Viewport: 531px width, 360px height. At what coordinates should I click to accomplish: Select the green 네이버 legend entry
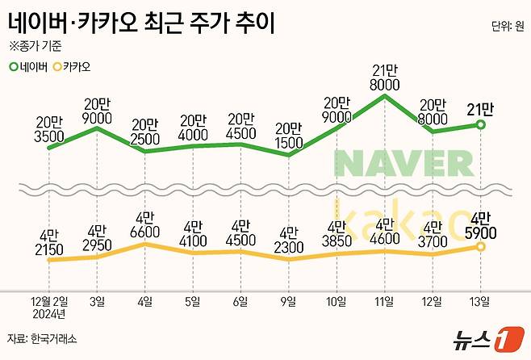pos(30,66)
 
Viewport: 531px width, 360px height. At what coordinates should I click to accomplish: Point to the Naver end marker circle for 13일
pos(482,124)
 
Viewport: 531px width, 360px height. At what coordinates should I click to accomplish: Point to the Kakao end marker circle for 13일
pos(482,245)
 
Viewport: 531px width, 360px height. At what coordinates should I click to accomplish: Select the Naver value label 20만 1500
pos(287,136)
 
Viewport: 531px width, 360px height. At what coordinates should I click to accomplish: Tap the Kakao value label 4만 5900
pos(482,226)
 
